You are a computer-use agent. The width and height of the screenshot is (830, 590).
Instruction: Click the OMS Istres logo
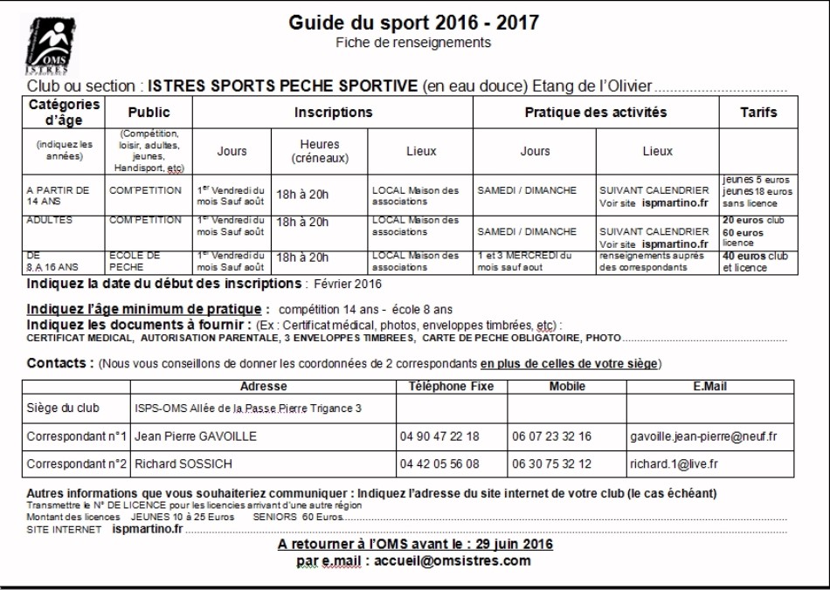click(46, 45)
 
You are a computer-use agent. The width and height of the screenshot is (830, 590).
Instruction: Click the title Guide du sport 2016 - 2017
click(413, 22)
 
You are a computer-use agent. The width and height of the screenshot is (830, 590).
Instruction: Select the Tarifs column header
click(757, 113)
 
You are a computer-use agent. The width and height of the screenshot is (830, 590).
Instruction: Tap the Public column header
click(149, 113)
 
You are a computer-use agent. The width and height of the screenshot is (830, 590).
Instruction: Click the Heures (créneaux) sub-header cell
click(320, 151)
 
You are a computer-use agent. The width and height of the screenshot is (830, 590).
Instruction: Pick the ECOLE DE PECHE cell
click(135, 261)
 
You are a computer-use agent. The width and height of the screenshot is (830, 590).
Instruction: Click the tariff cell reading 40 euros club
click(757, 257)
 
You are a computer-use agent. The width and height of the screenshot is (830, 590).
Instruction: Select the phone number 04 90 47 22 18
click(439, 436)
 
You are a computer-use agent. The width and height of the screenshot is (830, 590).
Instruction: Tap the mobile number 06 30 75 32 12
click(551, 463)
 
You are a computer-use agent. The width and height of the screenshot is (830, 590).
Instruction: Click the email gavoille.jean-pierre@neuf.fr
click(703, 436)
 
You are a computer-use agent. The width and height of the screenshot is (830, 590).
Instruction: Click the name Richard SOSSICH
click(184, 463)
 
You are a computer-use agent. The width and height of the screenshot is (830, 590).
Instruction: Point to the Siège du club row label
click(63, 408)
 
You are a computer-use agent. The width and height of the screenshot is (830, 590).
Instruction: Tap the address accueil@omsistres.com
click(452, 561)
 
